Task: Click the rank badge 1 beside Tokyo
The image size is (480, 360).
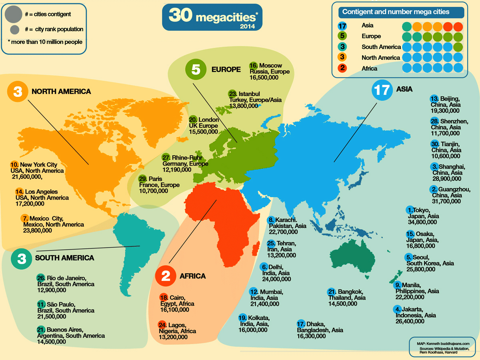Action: pyautogui.click(x=410, y=210)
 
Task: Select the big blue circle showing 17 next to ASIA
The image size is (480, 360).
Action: pyautogui.click(x=382, y=90)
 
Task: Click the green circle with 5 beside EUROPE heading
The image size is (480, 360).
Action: pyautogui.click(x=196, y=69)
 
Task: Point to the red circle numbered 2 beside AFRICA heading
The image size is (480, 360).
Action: pyautogui.click(x=166, y=276)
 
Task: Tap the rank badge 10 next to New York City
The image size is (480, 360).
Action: pyautogui.click(x=14, y=164)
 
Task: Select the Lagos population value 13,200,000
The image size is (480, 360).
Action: pyautogui.click(x=173, y=337)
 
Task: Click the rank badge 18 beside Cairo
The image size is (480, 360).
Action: pyautogui.click(x=164, y=298)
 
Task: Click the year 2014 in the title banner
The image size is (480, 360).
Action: pyautogui.click(x=248, y=27)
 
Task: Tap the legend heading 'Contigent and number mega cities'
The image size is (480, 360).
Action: pyautogui.click(x=395, y=12)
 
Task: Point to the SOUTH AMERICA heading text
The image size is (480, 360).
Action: pyautogui.click(x=65, y=258)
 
